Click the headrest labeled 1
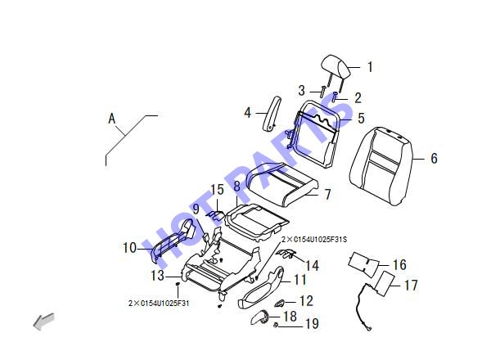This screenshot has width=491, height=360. point(335,67)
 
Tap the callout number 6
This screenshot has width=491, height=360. point(434,158)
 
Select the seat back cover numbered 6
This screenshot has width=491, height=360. point(381,166)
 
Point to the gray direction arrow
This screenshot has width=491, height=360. point(44,322)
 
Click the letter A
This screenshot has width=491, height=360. point(112,119)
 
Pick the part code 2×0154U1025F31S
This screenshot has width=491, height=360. point(314,240)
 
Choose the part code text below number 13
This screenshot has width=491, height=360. point(159,303)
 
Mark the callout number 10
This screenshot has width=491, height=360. point(129,248)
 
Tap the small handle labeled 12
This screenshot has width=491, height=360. point(279,303)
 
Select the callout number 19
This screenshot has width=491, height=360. point(312,323)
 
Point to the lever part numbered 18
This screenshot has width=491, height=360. point(260,317)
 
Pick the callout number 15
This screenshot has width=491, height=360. point(217,190)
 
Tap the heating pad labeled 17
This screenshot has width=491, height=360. point(385,284)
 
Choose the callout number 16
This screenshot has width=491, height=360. point(399,265)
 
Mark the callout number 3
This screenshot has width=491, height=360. point(301,91)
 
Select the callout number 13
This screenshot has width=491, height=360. point(157,276)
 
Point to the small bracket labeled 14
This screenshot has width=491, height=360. point(286,254)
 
